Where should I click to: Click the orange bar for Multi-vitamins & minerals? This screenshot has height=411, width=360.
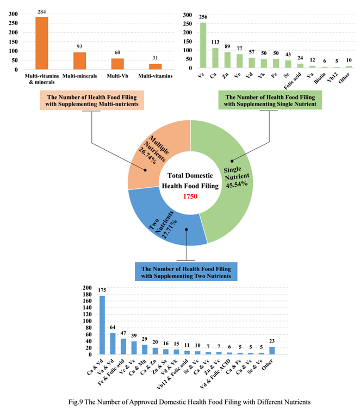[42, 42]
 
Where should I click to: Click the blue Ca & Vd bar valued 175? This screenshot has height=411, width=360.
[102, 325]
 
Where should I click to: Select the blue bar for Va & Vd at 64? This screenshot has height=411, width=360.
[113, 343]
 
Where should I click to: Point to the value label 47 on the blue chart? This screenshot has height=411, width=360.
[123, 333]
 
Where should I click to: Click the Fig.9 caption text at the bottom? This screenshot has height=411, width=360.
[180, 401]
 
